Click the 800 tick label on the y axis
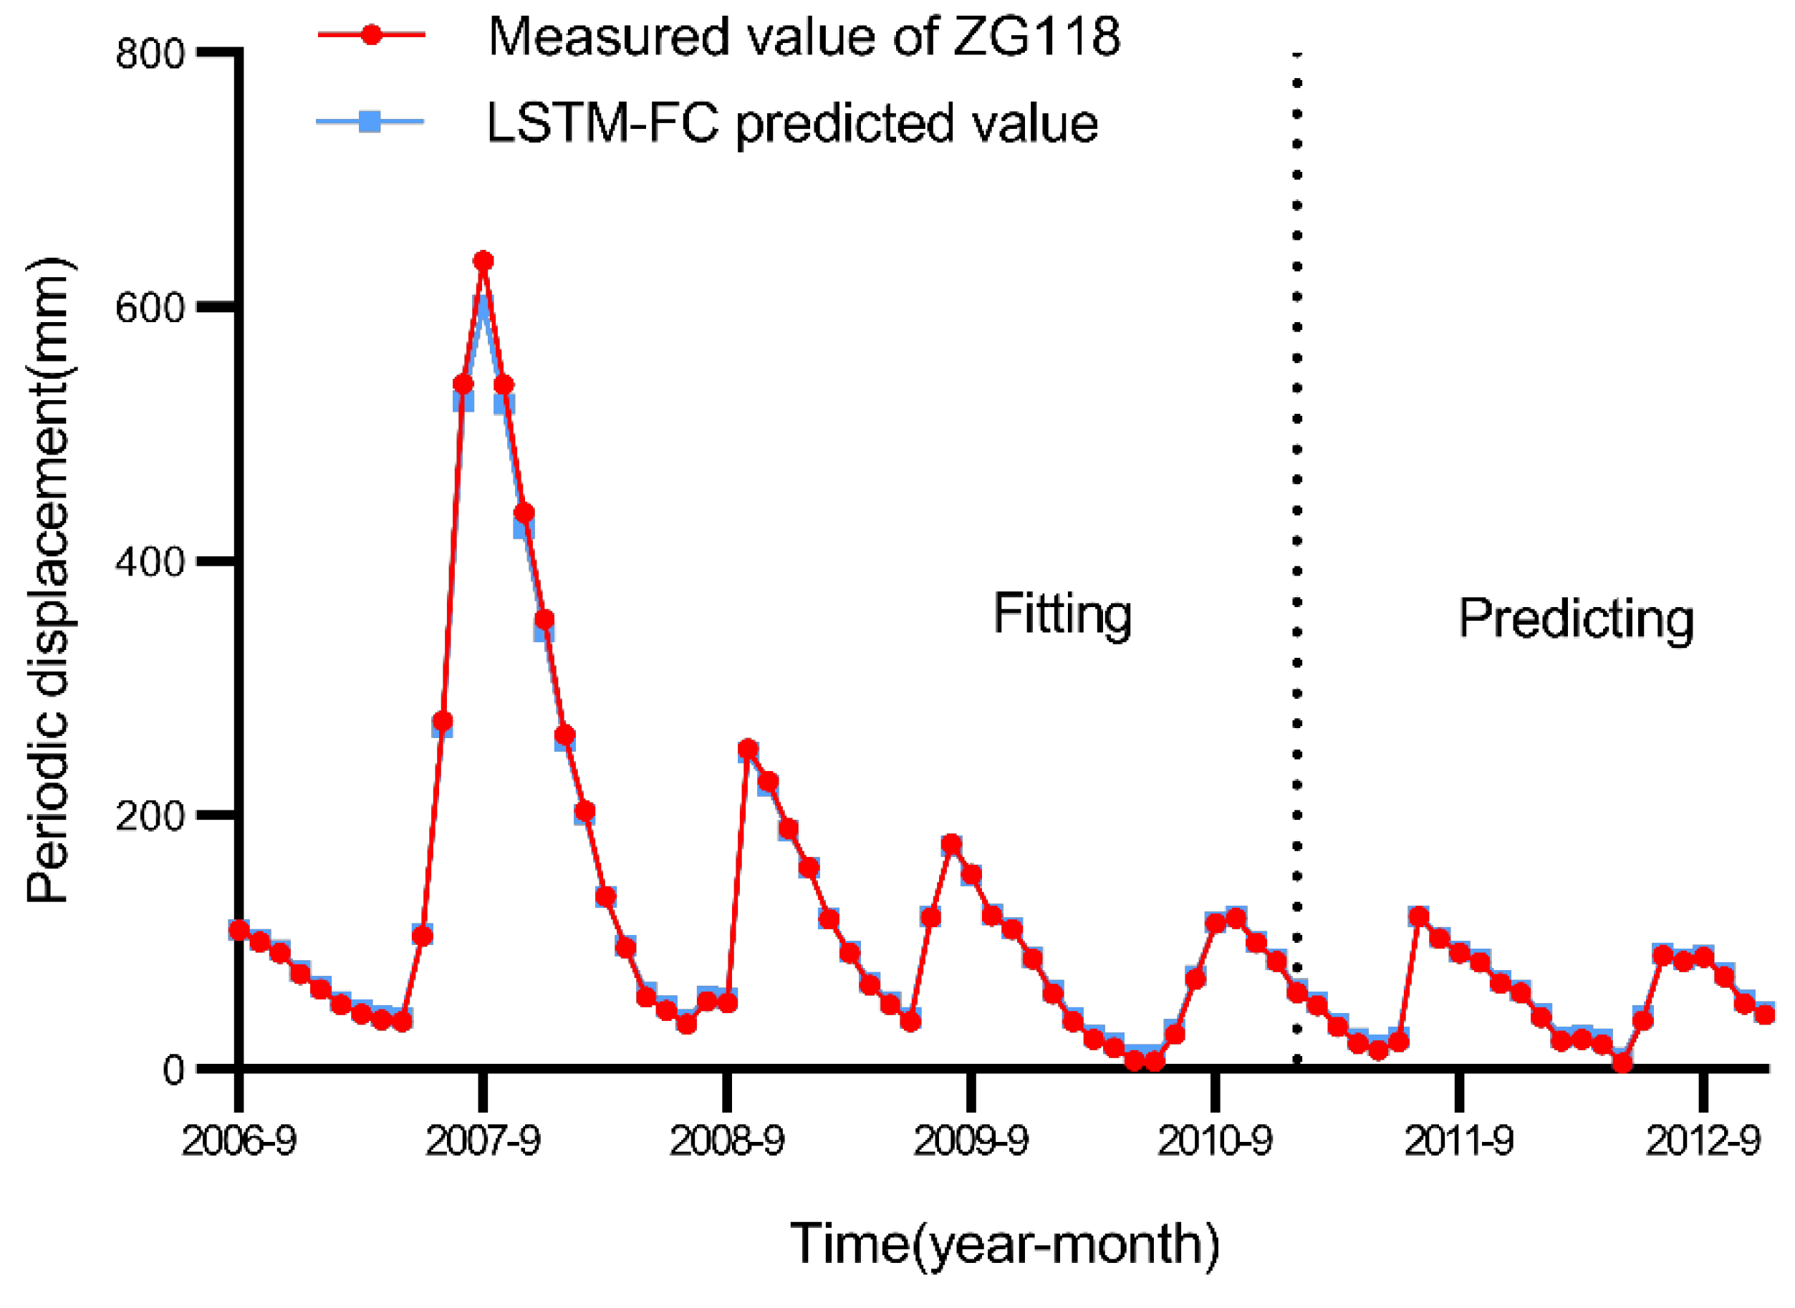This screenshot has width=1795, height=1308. [x=150, y=54]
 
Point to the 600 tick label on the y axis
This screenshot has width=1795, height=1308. [x=150, y=308]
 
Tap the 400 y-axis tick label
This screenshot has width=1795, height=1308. [x=150, y=561]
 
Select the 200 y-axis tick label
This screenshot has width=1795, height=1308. [x=150, y=815]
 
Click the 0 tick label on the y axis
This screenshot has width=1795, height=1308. [x=174, y=1070]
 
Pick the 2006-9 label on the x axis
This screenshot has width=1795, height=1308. [x=239, y=1141]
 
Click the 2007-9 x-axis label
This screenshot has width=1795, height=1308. [x=483, y=1141]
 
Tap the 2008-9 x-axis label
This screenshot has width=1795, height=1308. [x=726, y=1141]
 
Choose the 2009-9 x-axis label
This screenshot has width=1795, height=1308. [x=971, y=1141]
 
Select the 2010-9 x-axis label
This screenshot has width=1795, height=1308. [x=1214, y=1141]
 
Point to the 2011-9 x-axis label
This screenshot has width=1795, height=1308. [x=1459, y=1141]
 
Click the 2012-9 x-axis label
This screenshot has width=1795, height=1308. [x=1703, y=1141]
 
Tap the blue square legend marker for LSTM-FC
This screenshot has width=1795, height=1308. [x=370, y=121]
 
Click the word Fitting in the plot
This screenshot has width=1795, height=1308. [x=1062, y=614]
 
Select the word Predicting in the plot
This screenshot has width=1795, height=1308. [x=1576, y=619]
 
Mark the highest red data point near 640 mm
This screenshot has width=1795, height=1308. [x=483, y=261]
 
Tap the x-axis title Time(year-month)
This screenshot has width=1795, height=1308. [x=1004, y=1244]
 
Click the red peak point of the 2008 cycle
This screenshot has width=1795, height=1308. [x=748, y=748]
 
